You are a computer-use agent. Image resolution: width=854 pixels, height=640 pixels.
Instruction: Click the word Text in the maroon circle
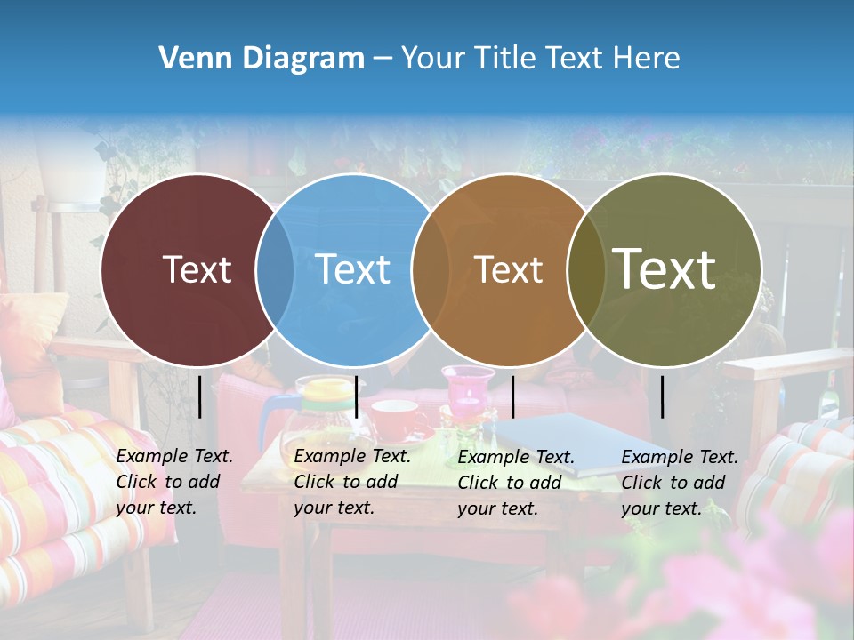[x=197, y=269]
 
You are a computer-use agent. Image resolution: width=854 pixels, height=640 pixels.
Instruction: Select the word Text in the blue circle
[x=353, y=269]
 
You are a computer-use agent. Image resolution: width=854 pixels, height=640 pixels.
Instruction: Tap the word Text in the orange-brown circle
[x=508, y=269]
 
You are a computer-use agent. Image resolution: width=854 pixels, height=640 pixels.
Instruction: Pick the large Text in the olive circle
[x=665, y=268]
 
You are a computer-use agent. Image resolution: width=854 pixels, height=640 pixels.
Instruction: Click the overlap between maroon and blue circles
[x=275, y=270]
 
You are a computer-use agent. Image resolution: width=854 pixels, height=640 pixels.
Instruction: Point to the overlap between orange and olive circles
[x=586, y=270]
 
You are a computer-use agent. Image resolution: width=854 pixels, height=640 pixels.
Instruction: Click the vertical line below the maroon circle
[x=199, y=396]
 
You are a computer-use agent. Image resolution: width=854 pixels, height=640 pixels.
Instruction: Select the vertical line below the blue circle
[x=356, y=396]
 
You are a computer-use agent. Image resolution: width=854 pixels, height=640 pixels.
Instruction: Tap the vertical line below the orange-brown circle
[x=513, y=396]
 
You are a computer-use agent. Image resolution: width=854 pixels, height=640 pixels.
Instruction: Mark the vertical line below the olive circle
[x=663, y=396]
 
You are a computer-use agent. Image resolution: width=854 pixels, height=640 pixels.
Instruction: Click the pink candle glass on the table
[x=467, y=392]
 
